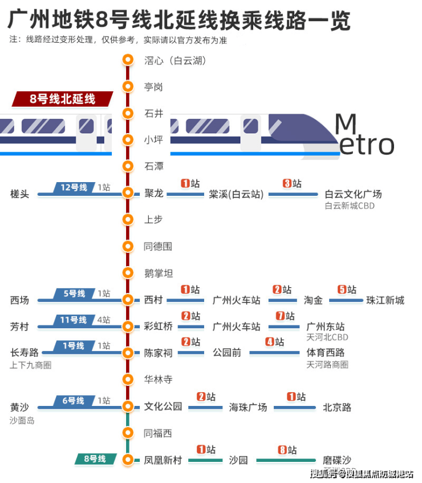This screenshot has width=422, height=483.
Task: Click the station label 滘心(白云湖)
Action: pyautogui.click(x=174, y=60)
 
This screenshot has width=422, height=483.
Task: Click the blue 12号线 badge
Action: pyautogui.click(x=74, y=187)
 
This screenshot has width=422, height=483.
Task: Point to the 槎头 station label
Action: pyautogui.click(x=19, y=194)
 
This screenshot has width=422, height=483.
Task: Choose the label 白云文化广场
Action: pyautogui.click(x=353, y=194)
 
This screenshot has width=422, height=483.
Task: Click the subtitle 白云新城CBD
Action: pyautogui.click(x=350, y=206)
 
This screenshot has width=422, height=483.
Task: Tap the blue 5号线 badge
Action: pyautogui.click(x=74, y=293)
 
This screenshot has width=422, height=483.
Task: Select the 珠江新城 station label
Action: pyautogui.click(x=386, y=300)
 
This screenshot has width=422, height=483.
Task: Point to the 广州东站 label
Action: pyautogui.click(x=326, y=327)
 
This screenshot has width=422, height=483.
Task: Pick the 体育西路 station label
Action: pyautogui.click(x=326, y=353)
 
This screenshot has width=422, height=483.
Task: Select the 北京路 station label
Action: pyautogui.click(x=337, y=408)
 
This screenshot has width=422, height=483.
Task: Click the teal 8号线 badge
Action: pyautogui.click(x=95, y=458)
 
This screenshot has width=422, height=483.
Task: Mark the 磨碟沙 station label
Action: pyautogui.click(x=337, y=460)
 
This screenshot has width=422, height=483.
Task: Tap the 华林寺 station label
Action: pyautogui.click(x=158, y=379)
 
